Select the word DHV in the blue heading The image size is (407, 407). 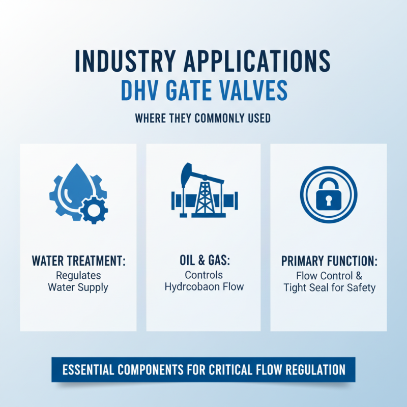[x=140, y=92]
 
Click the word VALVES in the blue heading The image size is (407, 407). [x=255, y=92]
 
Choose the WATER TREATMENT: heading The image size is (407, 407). [x=78, y=262]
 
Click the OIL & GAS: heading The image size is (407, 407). [x=203, y=262]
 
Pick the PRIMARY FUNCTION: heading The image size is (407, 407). [x=329, y=262]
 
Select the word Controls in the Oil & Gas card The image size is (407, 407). [x=203, y=275]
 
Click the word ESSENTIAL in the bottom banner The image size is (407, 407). [x=90, y=369]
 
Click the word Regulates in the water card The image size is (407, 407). [x=78, y=275]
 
